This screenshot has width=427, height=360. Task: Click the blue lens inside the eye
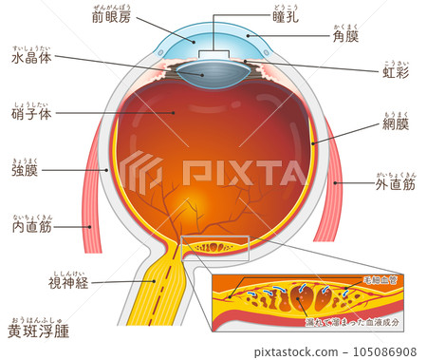point(217,68)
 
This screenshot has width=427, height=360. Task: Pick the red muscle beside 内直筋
point(91,190)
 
